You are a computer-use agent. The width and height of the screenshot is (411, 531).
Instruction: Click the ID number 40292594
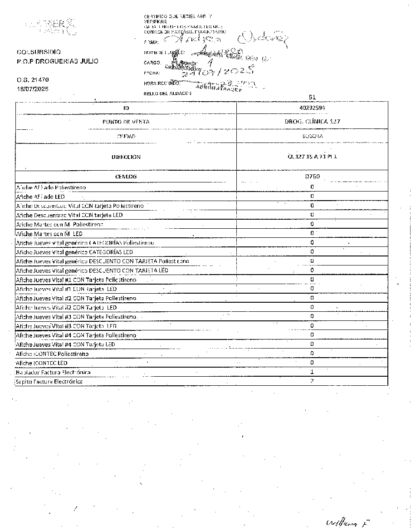[x=312, y=108]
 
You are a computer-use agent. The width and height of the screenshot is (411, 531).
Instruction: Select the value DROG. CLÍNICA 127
[x=312, y=122]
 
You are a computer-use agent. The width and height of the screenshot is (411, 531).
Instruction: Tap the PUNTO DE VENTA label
[x=126, y=122]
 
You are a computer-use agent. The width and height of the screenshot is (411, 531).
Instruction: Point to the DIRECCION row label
[x=126, y=157]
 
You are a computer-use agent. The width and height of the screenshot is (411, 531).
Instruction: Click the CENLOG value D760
[x=312, y=177]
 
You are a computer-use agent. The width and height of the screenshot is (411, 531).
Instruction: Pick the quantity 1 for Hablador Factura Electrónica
[x=312, y=372]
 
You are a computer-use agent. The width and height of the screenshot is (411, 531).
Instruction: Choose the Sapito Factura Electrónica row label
[x=49, y=381]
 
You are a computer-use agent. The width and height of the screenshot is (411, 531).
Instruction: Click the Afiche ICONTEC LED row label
[x=42, y=363]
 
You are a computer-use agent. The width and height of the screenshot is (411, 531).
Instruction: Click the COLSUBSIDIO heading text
[x=39, y=52]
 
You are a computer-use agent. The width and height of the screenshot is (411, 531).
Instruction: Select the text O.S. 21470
[x=32, y=80]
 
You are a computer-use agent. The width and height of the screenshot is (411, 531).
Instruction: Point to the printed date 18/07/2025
[x=32, y=88]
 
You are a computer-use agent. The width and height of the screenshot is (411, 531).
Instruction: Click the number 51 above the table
[x=312, y=97]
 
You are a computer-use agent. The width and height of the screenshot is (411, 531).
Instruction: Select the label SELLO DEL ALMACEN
[x=167, y=93]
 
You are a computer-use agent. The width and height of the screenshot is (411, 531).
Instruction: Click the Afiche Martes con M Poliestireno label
[x=59, y=224]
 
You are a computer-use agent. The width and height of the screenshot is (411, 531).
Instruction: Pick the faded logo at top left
[x=51, y=26]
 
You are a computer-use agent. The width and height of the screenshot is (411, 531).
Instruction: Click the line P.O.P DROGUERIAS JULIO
[x=57, y=61]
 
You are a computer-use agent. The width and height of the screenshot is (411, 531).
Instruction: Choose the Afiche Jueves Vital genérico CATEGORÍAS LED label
[x=74, y=252]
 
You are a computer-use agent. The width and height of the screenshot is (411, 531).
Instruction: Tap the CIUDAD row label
[x=126, y=136]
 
